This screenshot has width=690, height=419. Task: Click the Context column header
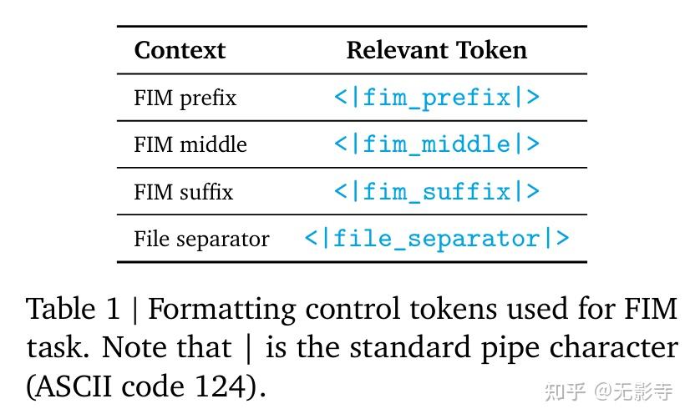(180, 50)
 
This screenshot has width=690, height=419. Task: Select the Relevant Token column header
(436, 50)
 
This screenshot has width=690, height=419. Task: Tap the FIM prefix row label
(185, 98)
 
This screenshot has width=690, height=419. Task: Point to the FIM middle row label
(190, 144)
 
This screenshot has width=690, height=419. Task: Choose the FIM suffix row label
(184, 192)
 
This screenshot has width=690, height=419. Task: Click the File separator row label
(201, 240)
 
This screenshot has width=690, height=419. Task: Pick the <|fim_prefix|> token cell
(437, 98)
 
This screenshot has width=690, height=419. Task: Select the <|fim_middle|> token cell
(437, 144)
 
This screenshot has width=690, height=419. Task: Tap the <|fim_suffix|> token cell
(437, 192)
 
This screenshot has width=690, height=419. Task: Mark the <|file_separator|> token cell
(437, 240)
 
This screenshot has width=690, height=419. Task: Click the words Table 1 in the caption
(74, 310)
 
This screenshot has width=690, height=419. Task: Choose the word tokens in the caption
(453, 310)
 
